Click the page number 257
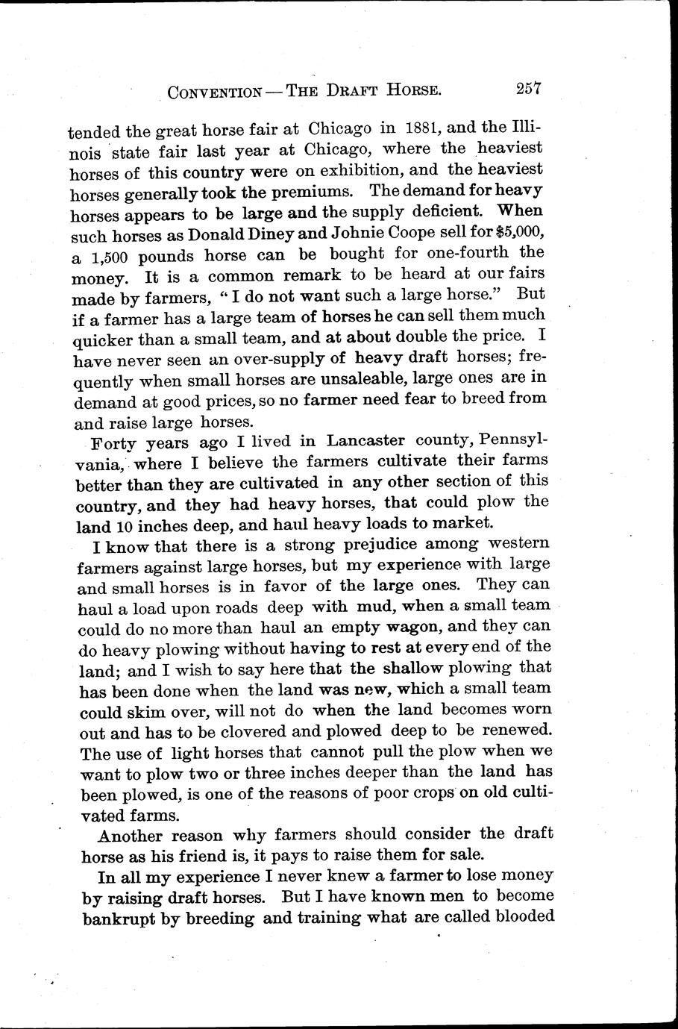click(x=527, y=89)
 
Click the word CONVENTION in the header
click(x=214, y=93)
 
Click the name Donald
click(x=219, y=234)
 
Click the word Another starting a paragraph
click(x=135, y=836)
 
